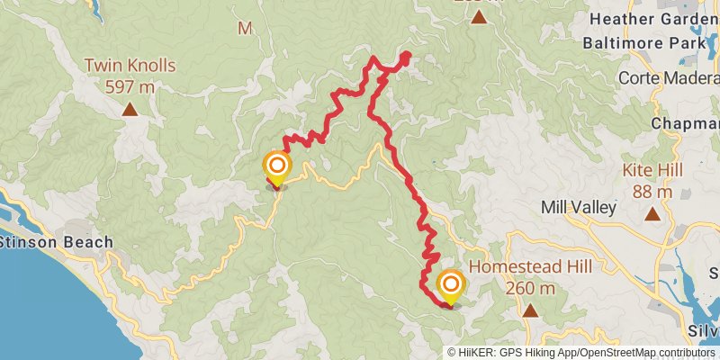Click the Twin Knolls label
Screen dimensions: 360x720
(130, 66)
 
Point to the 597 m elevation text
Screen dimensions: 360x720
(130, 86)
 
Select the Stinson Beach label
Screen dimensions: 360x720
(56, 241)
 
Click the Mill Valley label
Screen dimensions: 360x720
(578, 207)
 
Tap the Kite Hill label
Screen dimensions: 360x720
(652, 170)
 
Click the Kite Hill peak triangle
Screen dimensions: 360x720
(652, 214)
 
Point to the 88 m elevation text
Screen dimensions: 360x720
(652, 191)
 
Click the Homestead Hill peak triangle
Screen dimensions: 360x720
(530, 311)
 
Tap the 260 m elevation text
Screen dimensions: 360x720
(530, 288)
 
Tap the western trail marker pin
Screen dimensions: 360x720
(276, 167)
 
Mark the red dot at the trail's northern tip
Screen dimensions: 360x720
(405, 57)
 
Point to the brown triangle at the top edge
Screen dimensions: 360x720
(479, 16)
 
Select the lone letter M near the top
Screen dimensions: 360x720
(244, 28)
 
